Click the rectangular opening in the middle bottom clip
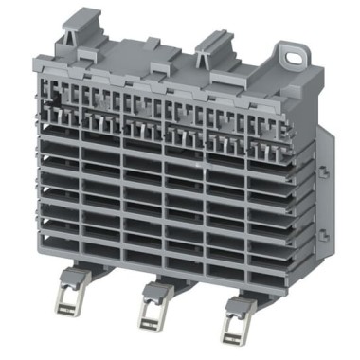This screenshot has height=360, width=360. [x=151, y=315]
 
